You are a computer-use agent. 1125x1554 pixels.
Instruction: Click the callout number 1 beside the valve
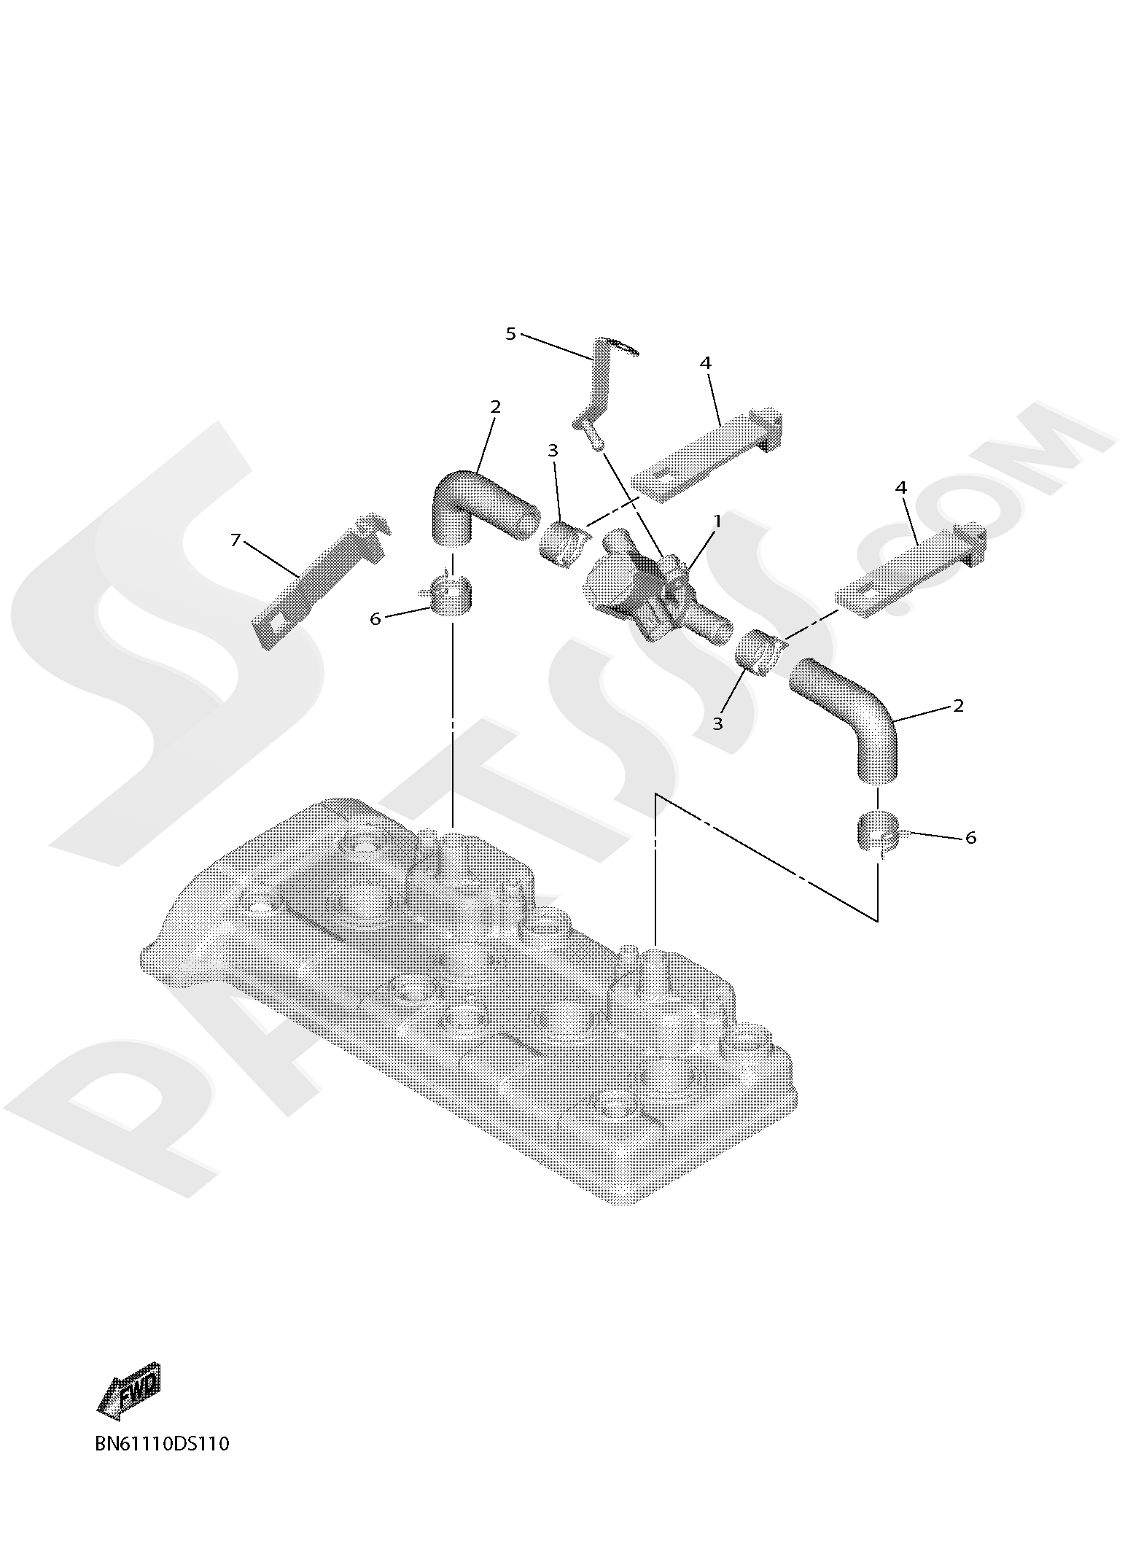pos(717,521)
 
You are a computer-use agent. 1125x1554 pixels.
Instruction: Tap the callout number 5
pos(510,334)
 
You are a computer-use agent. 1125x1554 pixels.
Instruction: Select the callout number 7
pos(235,540)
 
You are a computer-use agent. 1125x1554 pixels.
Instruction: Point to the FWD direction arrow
pos(130,1391)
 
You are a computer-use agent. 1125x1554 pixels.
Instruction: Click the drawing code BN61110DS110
pos(162,1443)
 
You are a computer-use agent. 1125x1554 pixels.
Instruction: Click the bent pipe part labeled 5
pos(600,386)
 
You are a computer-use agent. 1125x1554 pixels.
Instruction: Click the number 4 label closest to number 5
pos(705,362)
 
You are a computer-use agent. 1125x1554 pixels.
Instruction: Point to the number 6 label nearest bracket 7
pos(375,619)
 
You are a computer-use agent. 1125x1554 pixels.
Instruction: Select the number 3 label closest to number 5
pos(553,451)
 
